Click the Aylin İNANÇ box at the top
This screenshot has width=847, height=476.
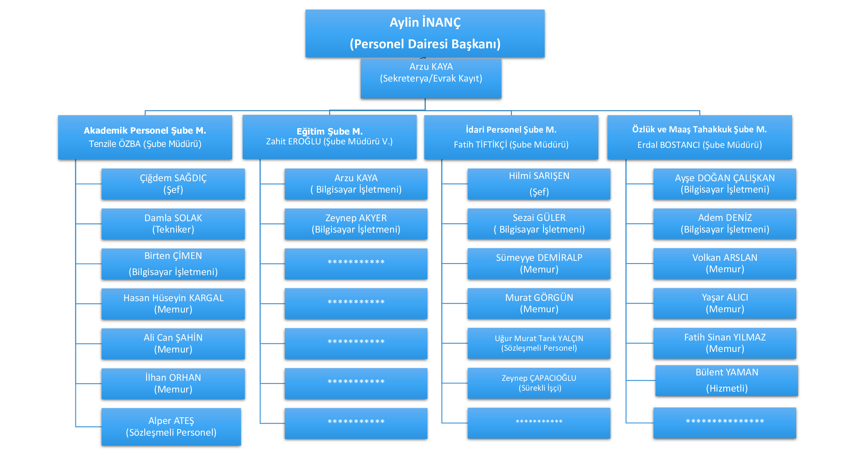tap(425, 33)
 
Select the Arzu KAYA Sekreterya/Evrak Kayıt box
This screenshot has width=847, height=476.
tap(431, 78)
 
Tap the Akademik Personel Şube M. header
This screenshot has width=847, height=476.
tap(145, 137)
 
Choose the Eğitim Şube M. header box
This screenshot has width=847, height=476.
tap(329, 137)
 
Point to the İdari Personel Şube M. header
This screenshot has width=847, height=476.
tap(511, 137)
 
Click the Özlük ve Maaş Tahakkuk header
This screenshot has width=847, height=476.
tap(699, 137)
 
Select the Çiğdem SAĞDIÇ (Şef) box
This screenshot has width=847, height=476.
tap(173, 184)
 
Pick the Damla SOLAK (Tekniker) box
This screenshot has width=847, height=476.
tap(173, 224)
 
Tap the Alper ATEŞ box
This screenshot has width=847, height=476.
tap(171, 427)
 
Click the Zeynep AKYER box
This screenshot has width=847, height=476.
tap(356, 224)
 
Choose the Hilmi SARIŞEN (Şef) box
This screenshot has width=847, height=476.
tap(539, 184)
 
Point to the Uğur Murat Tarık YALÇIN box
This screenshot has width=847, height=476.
tap(539, 343)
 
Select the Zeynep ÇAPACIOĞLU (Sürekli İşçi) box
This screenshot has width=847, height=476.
tap(539, 383)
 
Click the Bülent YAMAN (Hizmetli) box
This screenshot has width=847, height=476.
tap(727, 380)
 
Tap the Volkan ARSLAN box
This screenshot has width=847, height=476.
tap(725, 263)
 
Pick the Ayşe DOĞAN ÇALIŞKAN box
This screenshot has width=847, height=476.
tap(725, 184)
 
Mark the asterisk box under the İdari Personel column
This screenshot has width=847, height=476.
tap(539, 423)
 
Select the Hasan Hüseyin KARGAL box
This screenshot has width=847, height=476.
tap(173, 304)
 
